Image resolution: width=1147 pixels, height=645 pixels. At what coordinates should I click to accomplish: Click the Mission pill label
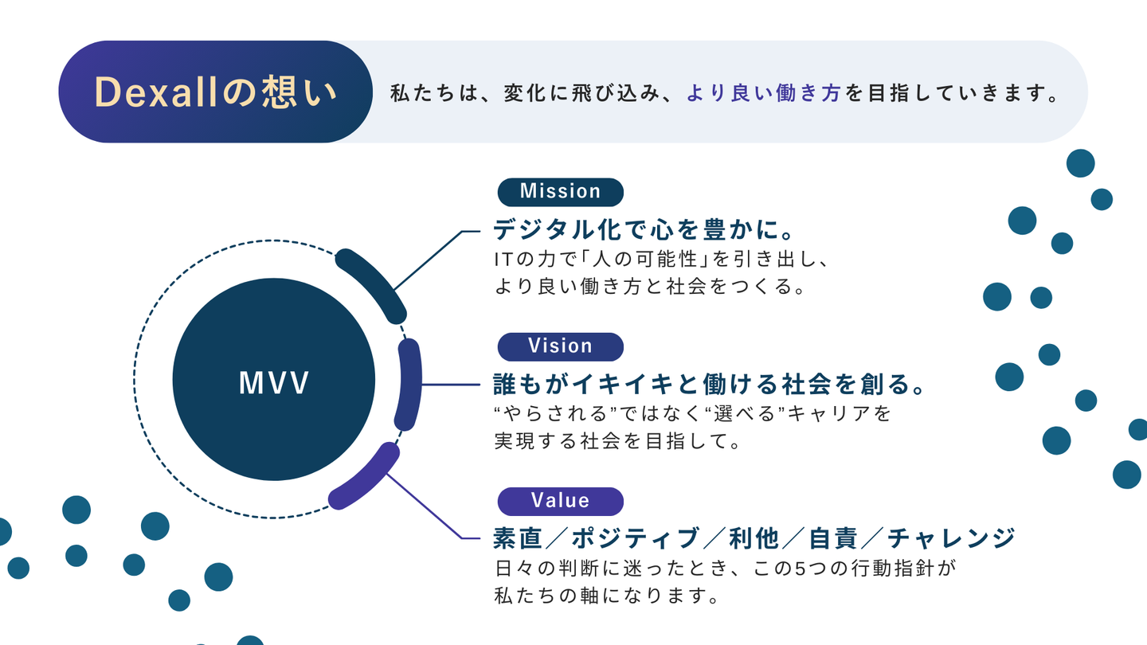[x=560, y=192]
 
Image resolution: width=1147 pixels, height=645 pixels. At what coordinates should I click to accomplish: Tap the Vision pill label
[x=560, y=346]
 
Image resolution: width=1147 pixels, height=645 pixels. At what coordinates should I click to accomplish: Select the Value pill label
[x=560, y=501]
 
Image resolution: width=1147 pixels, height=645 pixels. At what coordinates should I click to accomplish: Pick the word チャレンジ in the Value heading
[x=951, y=539]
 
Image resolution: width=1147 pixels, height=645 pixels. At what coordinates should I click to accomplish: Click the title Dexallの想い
[x=216, y=92]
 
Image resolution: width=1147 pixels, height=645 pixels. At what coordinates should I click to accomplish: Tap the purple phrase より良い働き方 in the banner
[x=763, y=94]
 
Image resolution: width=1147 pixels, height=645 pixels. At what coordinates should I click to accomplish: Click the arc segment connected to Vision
[x=408, y=385]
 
